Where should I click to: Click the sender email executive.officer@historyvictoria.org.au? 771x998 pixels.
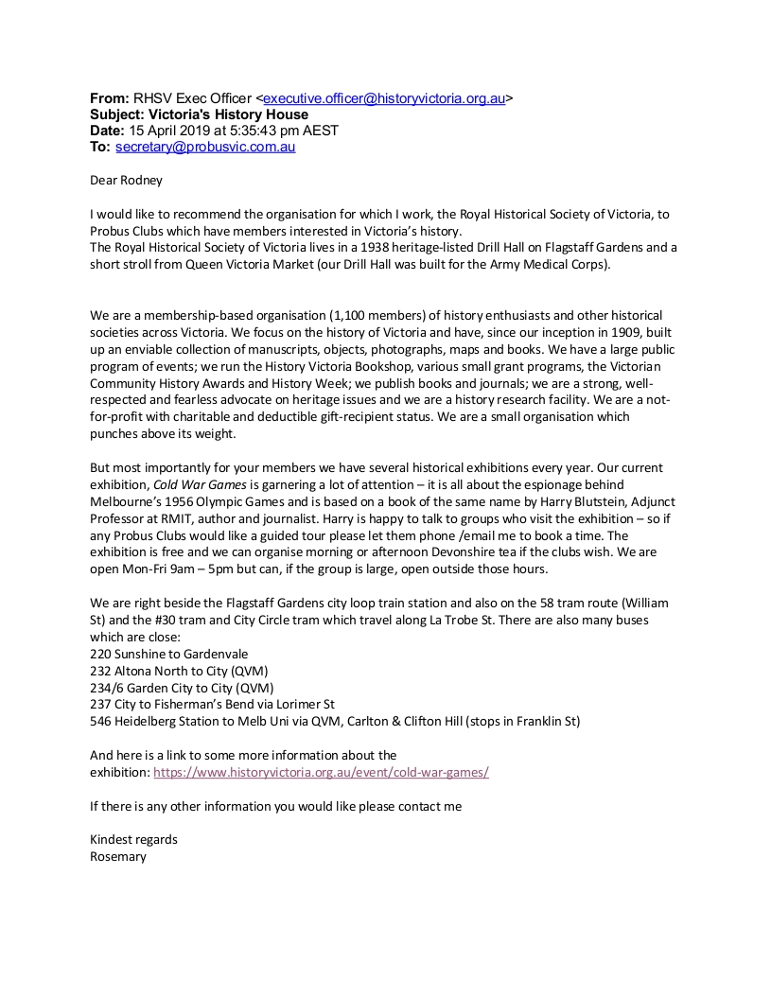coord(384,98)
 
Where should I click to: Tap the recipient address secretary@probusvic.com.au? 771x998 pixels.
coord(205,147)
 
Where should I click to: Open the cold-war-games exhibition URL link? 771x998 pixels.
coord(321,772)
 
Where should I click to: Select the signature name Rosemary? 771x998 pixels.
coord(117,857)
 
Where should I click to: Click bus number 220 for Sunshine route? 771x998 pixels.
coord(100,654)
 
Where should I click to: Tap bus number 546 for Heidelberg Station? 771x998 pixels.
coord(100,722)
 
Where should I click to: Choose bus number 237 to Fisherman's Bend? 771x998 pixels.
coord(100,705)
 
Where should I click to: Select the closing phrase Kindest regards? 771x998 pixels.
coord(133,840)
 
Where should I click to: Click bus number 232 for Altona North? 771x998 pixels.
coord(100,671)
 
